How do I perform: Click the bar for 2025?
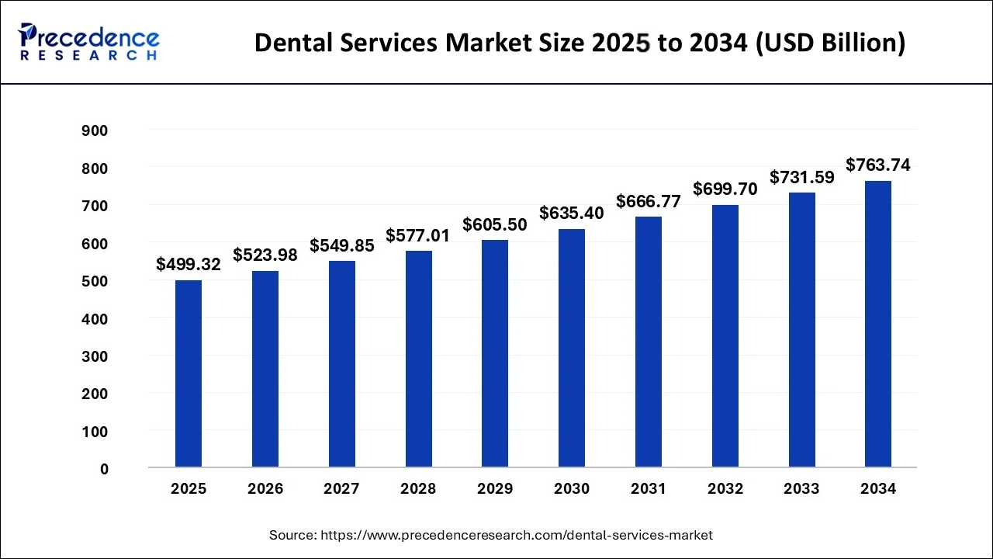pos(189,373)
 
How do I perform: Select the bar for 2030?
pos(572,348)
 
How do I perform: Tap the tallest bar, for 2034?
pos(878,324)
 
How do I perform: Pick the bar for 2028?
pos(418,359)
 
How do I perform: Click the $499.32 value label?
pos(189,265)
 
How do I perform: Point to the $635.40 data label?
pos(572,213)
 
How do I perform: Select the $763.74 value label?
pos(878,165)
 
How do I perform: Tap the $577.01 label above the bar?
pos(418,235)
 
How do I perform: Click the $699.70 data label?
pos(725,189)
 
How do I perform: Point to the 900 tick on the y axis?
pos(95,131)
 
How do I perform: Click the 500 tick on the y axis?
pos(95,282)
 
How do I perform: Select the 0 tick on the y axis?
pos(104,470)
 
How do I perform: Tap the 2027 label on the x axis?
pos(341,489)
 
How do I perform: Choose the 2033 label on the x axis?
pos(801,489)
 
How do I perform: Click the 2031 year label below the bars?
pos(649,489)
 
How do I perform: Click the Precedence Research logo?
pos(88,42)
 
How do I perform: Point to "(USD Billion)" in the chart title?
pos(828,43)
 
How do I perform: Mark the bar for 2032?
pos(725,335)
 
